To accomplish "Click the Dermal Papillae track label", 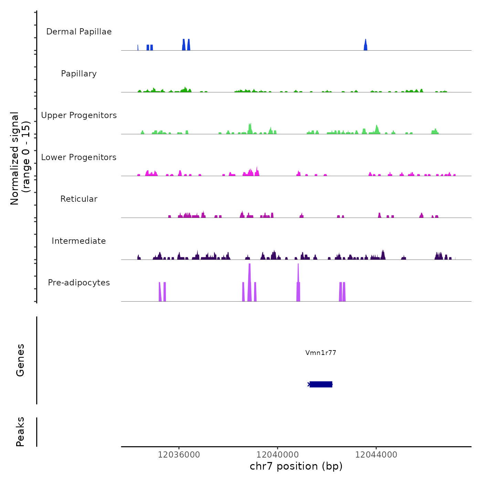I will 79,32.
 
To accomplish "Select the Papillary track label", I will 79,74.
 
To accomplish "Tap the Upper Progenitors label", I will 79,115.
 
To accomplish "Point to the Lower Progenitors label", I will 79,157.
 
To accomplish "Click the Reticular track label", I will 79,199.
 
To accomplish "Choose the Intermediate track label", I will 79,241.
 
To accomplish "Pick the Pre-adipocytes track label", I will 79,283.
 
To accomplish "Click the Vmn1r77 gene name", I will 321,353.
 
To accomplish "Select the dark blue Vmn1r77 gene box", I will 321,384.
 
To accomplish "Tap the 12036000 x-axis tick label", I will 179,455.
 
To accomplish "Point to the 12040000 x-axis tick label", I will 277,455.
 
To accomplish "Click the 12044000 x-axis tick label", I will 376,455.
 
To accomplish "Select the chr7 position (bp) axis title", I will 296,466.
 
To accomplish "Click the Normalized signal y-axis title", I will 20,158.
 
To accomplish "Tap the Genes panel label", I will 20,360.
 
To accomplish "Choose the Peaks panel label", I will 20,432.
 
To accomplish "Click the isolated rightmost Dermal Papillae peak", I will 366,45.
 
